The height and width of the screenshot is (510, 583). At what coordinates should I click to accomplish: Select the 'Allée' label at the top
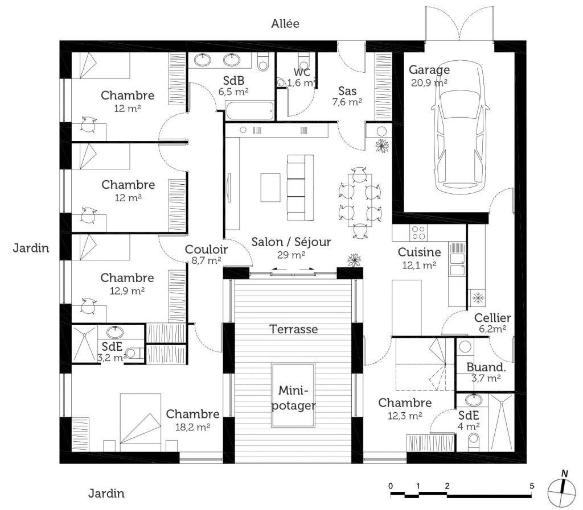pyautogui.click(x=285, y=23)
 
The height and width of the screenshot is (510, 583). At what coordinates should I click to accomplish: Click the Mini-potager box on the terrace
pyautogui.click(x=293, y=396)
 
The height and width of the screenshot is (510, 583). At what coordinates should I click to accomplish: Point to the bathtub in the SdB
pyautogui.click(x=249, y=110)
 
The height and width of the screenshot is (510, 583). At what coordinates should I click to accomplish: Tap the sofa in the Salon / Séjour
pyautogui.click(x=300, y=187)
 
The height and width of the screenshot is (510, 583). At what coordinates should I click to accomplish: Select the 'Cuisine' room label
pyautogui.click(x=419, y=252)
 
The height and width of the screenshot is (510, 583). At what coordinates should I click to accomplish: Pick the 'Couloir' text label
pyautogui.click(x=206, y=249)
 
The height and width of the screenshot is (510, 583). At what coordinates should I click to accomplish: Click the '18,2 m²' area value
pyautogui.click(x=194, y=426)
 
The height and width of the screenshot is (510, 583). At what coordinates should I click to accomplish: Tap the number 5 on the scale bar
pyautogui.click(x=532, y=486)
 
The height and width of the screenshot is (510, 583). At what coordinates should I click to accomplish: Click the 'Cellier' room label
pyautogui.click(x=493, y=317)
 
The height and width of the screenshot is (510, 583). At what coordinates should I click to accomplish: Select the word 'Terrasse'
pyautogui.click(x=294, y=329)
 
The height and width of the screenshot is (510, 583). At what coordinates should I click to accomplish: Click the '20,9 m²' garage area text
pyautogui.click(x=429, y=82)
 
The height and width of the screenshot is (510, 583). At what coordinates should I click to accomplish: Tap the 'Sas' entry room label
pyautogui.click(x=347, y=90)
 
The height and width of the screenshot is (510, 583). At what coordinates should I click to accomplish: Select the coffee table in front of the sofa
pyautogui.click(x=271, y=187)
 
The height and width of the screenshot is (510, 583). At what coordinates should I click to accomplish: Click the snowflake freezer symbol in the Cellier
pyautogui.click(x=477, y=297)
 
